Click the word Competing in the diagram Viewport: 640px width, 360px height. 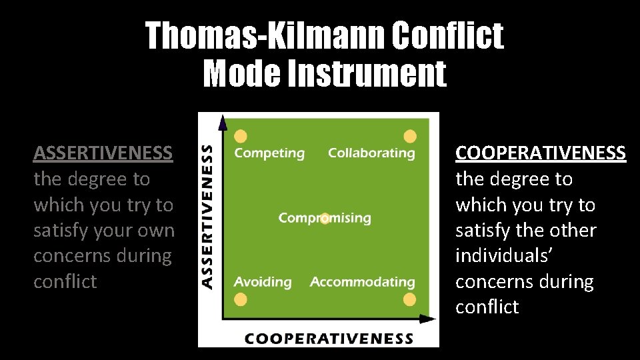pyautogui.click(x=269, y=153)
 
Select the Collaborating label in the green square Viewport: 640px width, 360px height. pyautogui.click(x=371, y=153)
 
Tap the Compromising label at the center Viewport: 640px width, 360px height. pyautogui.click(x=325, y=218)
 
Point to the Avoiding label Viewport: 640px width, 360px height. pyautogui.click(x=263, y=282)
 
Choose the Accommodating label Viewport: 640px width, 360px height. pyautogui.click(x=362, y=282)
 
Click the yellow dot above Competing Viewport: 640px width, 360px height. pyautogui.click(x=241, y=136)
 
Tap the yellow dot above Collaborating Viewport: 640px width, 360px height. pyautogui.click(x=410, y=136)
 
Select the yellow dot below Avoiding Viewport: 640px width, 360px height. pyautogui.click(x=241, y=299)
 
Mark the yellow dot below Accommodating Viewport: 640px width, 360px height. pyautogui.click(x=410, y=299)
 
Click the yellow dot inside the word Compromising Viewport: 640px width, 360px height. pyautogui.click(x=325, y=218)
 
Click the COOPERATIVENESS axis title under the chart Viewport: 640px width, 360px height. pyautogui.click(x=329, y=338)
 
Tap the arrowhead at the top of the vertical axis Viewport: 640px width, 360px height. pyautogui.click(x=223, y=121)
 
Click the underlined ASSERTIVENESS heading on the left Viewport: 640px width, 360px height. pyautogui.click(x=103, y=153)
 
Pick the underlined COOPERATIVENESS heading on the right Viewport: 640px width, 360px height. pyautogui.click(x=541, y=153)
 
